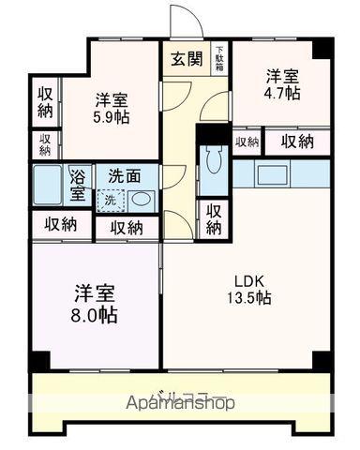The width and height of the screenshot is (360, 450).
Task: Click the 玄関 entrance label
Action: click(185, 58)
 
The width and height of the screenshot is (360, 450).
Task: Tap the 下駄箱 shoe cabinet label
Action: click(219, 59)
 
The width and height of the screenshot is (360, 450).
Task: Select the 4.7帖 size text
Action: click(281, 94)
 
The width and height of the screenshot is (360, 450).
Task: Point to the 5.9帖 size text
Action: click(112, 119)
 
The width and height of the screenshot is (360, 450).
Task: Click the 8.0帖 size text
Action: click(96, 315)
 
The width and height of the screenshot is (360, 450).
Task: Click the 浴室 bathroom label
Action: click(78, 185)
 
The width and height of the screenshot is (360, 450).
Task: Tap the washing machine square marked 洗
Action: click(110, 199)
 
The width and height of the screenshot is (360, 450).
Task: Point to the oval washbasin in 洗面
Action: click(140, 199)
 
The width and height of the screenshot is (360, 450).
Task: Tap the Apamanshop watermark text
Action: click(180, 403)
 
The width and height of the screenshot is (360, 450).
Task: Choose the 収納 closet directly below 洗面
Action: click(127, 227)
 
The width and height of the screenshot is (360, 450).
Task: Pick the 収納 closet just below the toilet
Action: click(215, 217)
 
